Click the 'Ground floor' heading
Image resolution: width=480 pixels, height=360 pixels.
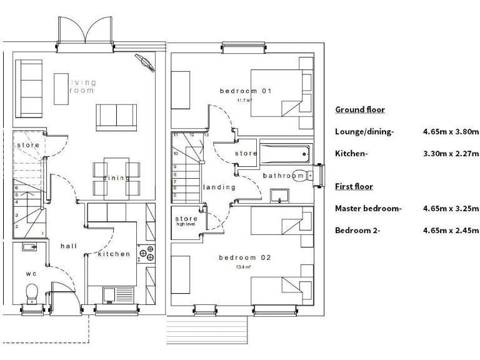[360, 110]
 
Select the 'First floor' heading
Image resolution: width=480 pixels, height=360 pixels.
[354, 187]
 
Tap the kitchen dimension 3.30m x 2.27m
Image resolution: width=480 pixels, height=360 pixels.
[449, 154]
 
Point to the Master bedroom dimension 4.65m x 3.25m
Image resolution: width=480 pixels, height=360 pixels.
[449, 209]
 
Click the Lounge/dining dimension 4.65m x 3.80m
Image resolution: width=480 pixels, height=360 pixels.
[449, 132]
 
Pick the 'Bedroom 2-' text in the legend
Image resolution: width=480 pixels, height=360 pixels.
[357, 231]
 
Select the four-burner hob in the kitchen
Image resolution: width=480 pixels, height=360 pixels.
[148, 254]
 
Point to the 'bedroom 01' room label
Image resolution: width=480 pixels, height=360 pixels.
[246, 91]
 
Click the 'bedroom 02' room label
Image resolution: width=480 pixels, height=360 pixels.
[244, 257]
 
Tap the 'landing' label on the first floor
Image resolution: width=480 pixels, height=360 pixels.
[219, 187]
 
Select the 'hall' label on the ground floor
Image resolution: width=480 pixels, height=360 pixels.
[69, 246]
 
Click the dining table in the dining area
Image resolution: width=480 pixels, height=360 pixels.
[116, 177]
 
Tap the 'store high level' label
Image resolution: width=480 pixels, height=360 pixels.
[186, 221]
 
